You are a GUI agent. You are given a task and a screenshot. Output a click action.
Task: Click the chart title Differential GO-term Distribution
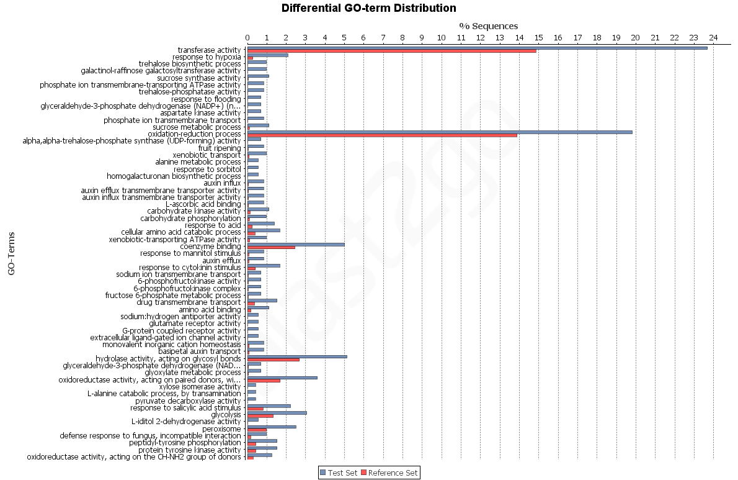[x=369, y=8]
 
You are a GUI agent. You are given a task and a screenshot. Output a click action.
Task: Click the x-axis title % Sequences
[x=488, y=26]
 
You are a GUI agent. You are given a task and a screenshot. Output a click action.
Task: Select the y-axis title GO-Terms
[x=11, y=253]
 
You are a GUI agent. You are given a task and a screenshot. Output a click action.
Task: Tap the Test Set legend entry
[x=338, y=473]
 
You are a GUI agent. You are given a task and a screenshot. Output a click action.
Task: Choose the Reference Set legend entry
[x=389, y=473]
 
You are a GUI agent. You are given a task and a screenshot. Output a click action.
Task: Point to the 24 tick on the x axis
[x=713, y=38]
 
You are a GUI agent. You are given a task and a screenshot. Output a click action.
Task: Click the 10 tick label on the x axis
[x=441, y=38]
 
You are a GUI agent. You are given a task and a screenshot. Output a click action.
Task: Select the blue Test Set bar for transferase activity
[x=477, y=48]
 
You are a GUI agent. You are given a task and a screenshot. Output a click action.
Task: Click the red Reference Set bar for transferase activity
[x=391, y=51]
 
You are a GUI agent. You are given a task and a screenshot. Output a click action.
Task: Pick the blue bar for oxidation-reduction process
[x=440, y=132]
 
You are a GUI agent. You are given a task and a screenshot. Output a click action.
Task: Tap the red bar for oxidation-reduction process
[x=382, y=135]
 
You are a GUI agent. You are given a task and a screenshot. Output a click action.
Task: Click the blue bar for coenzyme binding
[x=296, y=245]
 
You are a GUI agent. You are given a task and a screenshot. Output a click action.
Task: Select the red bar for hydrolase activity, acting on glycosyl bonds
[x=273, y=360]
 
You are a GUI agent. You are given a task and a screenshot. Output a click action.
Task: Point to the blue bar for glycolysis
[x=277, y=413]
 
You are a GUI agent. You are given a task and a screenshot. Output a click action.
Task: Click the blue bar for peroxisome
[x=272, y=427]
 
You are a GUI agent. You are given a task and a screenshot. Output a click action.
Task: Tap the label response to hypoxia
[x=207, y=57]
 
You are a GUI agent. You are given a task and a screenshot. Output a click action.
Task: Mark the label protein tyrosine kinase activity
[x=189, y=450]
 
